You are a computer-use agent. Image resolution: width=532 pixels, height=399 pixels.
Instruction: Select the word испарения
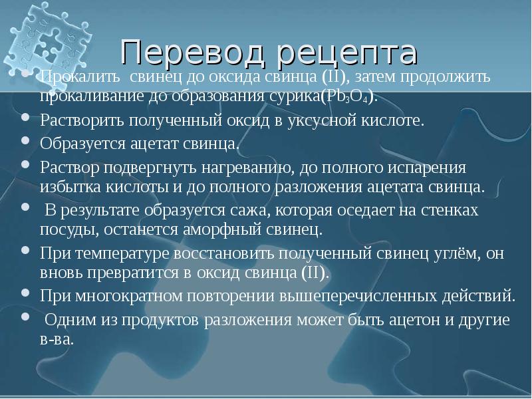(434, 166)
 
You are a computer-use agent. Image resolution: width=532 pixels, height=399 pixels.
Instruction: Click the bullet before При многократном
(25, 294)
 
